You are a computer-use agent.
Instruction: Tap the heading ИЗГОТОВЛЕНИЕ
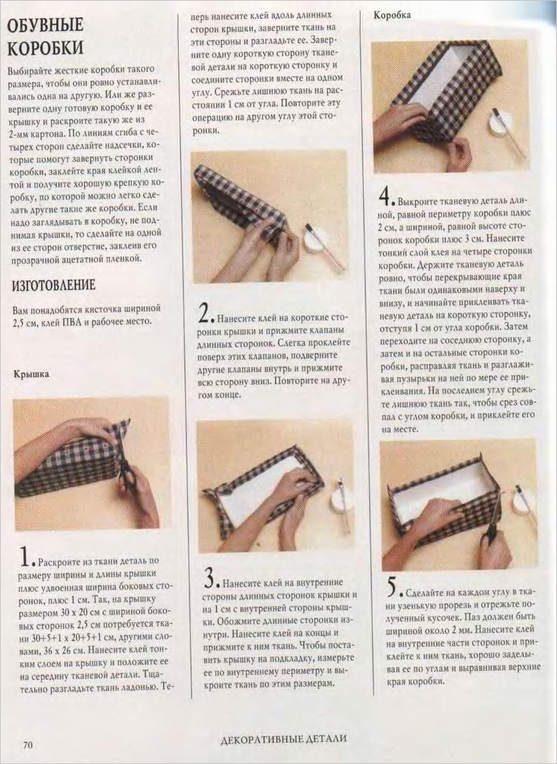(54, 285)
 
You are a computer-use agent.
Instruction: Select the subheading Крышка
(31, 374)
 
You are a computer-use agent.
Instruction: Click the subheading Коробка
(392, 15)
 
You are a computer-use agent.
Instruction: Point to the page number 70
(28, 744)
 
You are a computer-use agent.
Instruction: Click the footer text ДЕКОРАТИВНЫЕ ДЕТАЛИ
(283, 739)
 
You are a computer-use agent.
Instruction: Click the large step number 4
(385, 196)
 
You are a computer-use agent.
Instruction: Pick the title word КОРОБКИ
(46, 47)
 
